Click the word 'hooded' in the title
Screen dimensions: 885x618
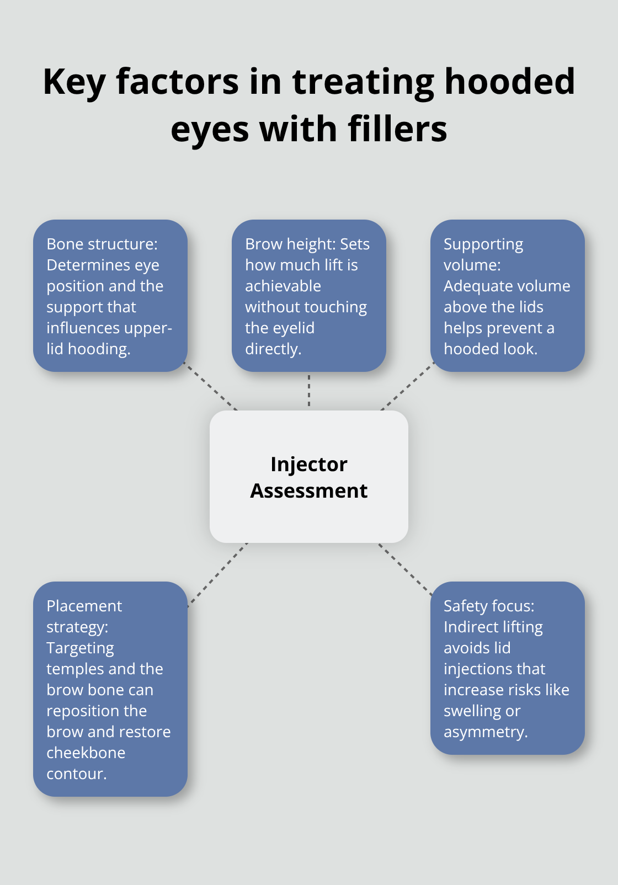[509, 82]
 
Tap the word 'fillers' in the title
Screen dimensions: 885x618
[397, 130]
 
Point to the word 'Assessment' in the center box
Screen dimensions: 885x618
[308, 491]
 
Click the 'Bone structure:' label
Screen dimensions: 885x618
[102, 244]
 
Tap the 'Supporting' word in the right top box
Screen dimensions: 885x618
[483, 244]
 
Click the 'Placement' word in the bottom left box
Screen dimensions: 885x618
[84, 606]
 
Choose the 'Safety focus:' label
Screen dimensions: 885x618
[489, 606]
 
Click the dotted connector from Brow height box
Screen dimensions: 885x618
[309, 391]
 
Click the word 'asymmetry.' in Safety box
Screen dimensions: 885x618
[486, 732]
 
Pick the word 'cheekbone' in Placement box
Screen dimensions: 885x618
[86, 753]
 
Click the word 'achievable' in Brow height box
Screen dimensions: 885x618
[283, 286]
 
